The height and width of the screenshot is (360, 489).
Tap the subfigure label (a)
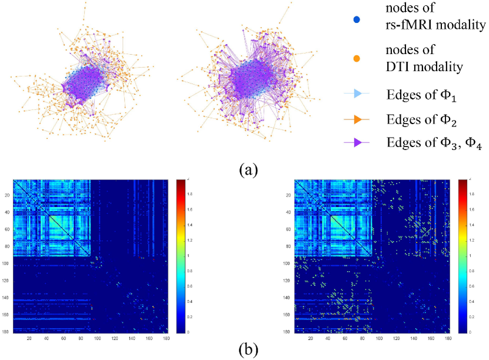(x=248, y=170)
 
